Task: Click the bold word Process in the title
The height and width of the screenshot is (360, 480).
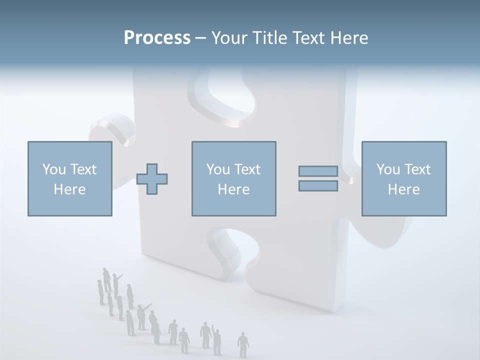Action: click(157, 38)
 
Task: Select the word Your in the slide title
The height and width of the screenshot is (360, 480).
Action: click(227, 38)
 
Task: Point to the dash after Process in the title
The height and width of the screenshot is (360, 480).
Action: click(200, 38)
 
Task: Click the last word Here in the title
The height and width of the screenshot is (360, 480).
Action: click(349, 38)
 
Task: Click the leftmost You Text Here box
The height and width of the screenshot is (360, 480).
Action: click(69, 179)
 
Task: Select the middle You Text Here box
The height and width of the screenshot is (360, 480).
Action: click(233, 179)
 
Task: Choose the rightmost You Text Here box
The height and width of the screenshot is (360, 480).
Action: click(403, 179)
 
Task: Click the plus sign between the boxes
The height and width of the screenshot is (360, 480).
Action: click(152, 179)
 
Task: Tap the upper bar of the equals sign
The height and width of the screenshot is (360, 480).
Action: click(318, 171)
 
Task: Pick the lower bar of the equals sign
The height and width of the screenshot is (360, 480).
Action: click(318, 186)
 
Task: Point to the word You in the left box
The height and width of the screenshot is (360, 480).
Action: click(53, 169)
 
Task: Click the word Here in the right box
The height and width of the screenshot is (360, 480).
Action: click(403, 189)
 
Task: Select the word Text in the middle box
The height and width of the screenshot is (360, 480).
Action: click(247, 169)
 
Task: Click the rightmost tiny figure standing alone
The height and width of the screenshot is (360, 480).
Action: click(243, 343)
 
